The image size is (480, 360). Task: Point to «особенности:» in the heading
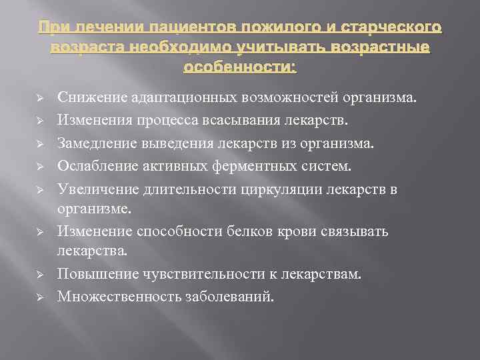240,67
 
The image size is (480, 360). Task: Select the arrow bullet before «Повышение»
40,275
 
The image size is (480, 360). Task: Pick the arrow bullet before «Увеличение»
40,189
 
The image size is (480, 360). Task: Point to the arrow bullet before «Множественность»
40,297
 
